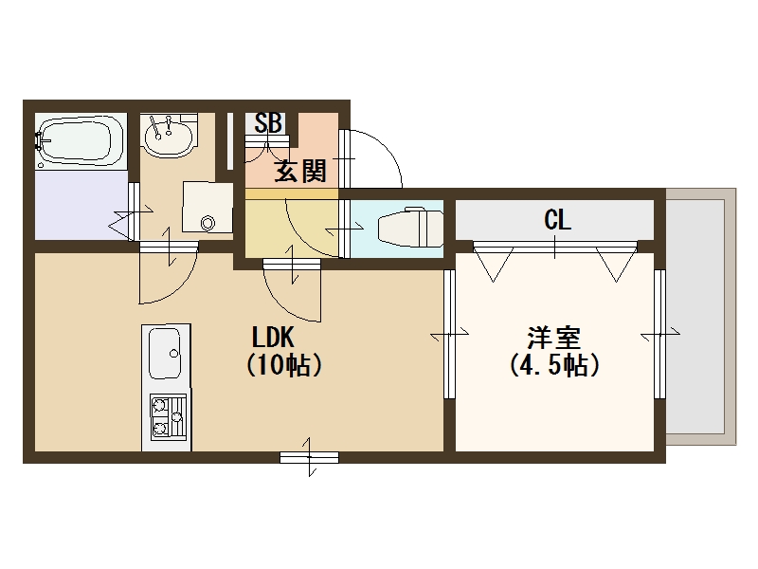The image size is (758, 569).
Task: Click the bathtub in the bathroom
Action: (x=81, y=142)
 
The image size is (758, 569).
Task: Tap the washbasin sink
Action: (x=169, y=137)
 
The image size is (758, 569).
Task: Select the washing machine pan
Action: (x=207, y=206)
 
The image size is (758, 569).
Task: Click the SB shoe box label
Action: (x=268, y=123)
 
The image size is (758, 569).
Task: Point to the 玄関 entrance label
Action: (x=300, y=171)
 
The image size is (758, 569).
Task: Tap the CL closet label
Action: (x=557, y=221)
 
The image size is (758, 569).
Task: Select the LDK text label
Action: (x=275, y=338)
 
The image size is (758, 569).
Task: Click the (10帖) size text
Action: (x=283, y=365)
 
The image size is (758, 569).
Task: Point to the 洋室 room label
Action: (x=554, y=338)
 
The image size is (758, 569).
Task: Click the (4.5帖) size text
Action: (x=554, y=365)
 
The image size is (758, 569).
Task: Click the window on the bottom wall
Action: (x=310, y=457)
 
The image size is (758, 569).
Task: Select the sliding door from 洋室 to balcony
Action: (x=659, y=335)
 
